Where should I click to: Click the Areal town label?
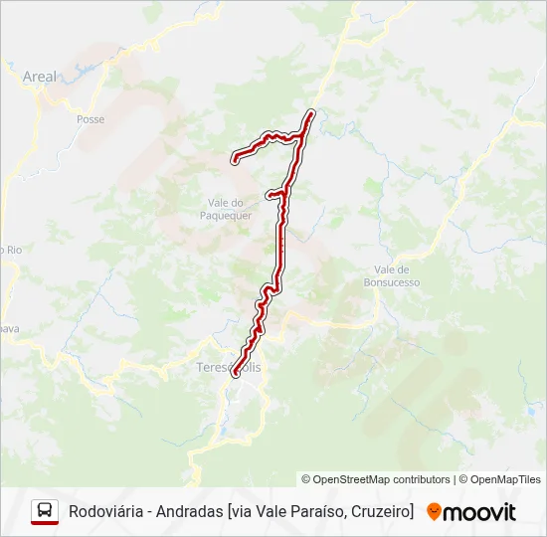click(41, 76)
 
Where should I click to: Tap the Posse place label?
click(90, 118)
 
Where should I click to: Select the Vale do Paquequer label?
click(226, 208)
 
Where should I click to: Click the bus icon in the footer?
click(45, 512)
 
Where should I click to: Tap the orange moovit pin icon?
click(434, 512)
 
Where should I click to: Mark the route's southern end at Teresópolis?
click(236, 375)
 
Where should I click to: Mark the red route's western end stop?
click(234, 158)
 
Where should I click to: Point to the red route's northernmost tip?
click(312, 112)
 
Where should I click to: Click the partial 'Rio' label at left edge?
click(12, 250)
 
